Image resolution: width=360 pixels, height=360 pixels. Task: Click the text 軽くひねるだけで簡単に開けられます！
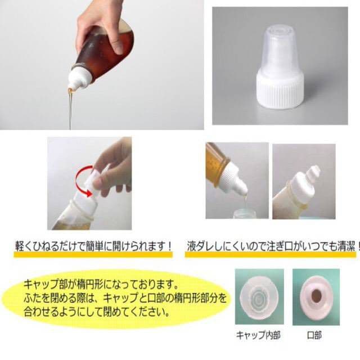tap(94, 246)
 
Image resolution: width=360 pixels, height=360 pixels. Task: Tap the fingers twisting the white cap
tap(115, 163)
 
